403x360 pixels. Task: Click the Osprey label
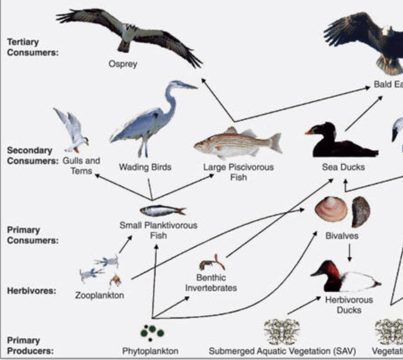(x=123, y=64)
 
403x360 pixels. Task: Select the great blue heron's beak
(x=188, y=86)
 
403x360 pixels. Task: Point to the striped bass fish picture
(x=237, y=142)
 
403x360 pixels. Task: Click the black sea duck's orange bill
(x=309, y=132)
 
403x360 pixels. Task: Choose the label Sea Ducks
(x=343, y=167)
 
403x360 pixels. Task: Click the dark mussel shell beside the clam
(x=360, y=211)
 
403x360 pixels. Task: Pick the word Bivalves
(x=342, y=236)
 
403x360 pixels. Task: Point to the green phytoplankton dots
(x=152, y=332)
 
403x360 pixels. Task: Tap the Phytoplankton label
(x=150, y=351)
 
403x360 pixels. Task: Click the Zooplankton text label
(x=99, y=296)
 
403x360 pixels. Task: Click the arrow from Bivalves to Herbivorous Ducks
(x=349, y=253)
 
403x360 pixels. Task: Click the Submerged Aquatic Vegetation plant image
(x=282, y=331)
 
